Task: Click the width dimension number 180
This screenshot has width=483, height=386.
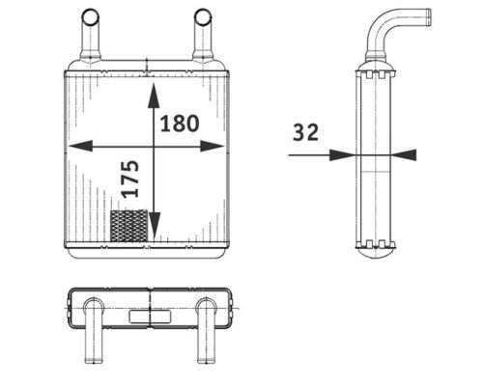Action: [x=180, y=124]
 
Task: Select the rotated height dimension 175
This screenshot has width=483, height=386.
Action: [x=131, y=179]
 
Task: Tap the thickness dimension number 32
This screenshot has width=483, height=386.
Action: [x=305, y=134]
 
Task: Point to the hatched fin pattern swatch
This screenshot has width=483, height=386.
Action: [x=128, y=227]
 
